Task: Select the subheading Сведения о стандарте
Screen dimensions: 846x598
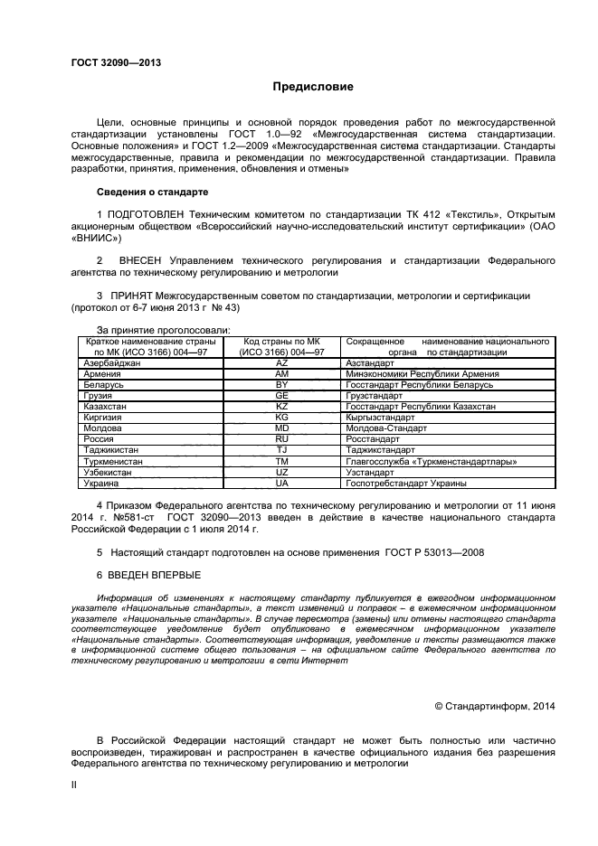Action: pyautogui.click(x=152, y=193)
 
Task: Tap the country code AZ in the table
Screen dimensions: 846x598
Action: pyautogui.click(x=281, y=362)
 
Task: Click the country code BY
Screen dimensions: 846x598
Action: pyautogui.click(x=281, y=384)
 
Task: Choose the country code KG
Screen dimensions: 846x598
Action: pyautogui.click(x=281, y=418)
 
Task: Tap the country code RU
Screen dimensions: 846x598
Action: pyautogui.click(x=281, y=439)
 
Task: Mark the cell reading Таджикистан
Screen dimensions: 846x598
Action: pyautogui.click(x=109, y=450)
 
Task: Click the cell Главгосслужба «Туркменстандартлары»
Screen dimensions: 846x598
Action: pyautogui.click(x=432, y=461)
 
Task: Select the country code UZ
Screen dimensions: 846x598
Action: pyautogui.click(x=281, y=472)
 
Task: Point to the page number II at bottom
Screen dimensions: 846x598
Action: pyautogui.click(x=74, y=786)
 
